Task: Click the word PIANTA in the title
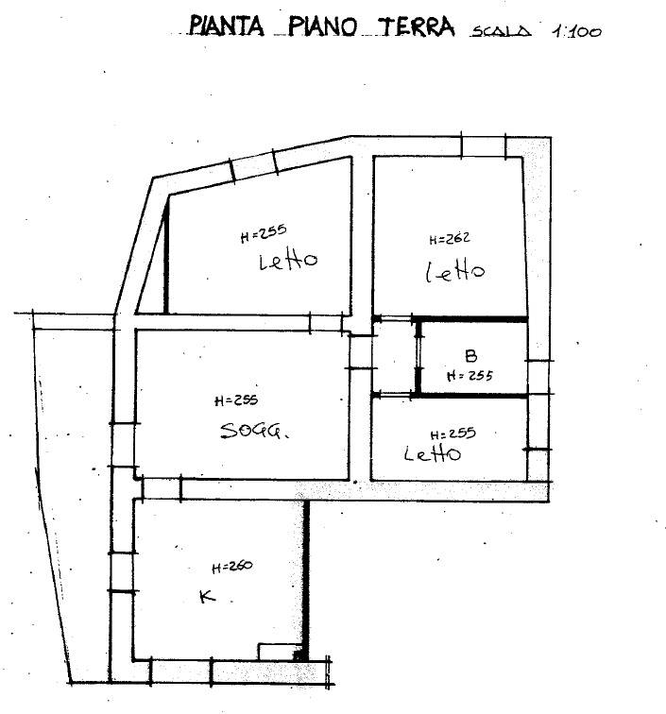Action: (227, 25)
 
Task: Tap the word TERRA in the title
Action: (417, 26)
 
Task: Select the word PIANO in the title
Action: (322, 26)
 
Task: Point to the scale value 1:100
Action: (576, 31)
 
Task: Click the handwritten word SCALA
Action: (501, 31)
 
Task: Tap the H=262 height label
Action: (450, 239)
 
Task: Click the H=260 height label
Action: (231, 567)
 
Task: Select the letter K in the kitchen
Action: (208, 596)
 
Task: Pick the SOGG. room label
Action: (254, 431)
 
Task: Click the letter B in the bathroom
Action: (471, 356)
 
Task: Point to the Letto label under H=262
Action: (455, 271)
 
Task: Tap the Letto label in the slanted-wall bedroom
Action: (288, 261)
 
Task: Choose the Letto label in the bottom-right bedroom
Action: (433, 453)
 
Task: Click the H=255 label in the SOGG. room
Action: (236, 400)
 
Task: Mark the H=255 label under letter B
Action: (470, 376)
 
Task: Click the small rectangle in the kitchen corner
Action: (281, 651)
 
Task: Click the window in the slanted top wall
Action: (254, 166)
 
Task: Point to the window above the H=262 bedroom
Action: (484, 146)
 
